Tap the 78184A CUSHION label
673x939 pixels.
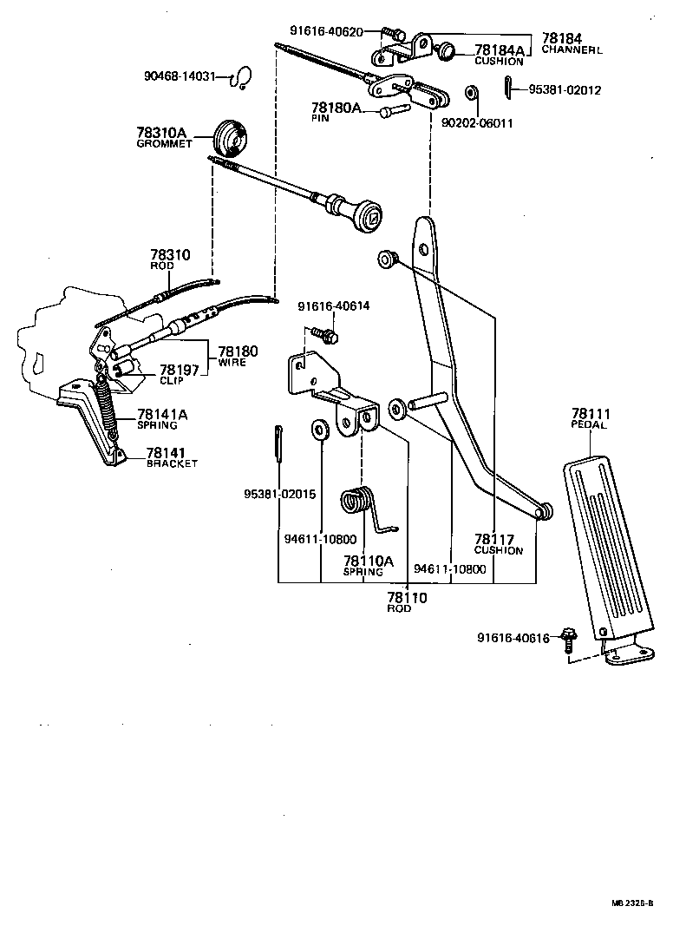pyautogui.click(x=498, y=55)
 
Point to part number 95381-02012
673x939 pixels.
pyautogui.click(x=564, y=89)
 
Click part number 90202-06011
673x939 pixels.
pyautogui.click(x=477, y=123)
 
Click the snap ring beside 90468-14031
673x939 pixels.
pyautogui.click(x=242, y=79)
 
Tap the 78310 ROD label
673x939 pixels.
pyautogui.click(x=169, y=259)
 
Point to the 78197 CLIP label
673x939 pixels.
pyautogui.click(x=179, y=373)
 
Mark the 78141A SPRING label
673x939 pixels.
pyautogui.click(x=161, y=419)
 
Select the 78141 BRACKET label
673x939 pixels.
pyautogui.click(x=171, y=457)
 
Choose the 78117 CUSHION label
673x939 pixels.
pyautogui.click(x=499, y=544)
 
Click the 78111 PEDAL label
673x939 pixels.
pyautogui.click(x=590, y=419)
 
